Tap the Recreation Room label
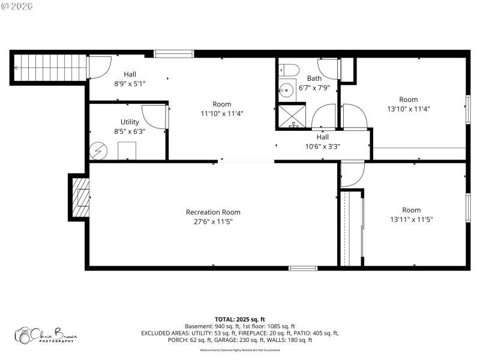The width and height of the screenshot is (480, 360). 213,212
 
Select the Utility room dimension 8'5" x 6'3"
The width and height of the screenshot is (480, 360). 130,131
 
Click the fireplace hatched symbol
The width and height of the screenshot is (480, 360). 80,197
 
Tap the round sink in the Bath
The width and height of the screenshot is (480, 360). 285,91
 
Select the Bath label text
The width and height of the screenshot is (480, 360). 314,79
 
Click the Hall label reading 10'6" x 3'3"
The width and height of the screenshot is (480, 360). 322,146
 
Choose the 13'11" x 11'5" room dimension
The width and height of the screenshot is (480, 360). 411,219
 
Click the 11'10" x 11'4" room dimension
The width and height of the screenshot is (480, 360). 221,113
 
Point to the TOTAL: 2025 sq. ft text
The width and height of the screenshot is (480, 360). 239,319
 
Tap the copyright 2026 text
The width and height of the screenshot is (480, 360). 17,6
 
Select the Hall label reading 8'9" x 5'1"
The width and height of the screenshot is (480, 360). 130,84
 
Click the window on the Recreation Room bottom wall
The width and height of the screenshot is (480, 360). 303,268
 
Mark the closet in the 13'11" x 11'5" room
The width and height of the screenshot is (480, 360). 352,228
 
